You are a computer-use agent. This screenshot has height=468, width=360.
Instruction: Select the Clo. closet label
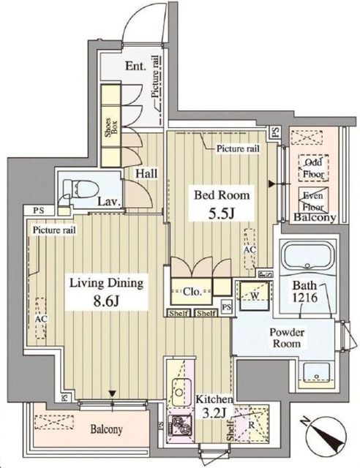(x=193, y=291)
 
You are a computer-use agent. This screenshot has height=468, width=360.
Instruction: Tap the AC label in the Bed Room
(x=247, y=249)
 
